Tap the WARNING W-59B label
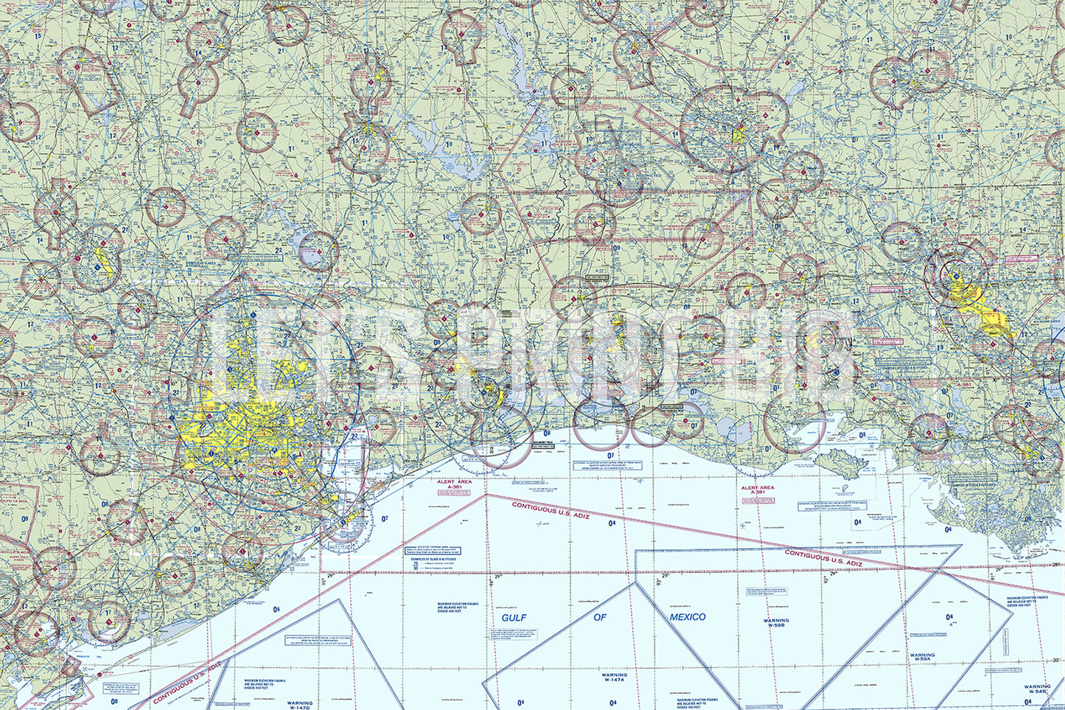[x=775, y=624]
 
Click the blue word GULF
[x=514, y=617]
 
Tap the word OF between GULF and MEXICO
[x=600, y=617]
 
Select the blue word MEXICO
[x=687, y=617]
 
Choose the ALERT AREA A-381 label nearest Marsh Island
[x=757, y=490]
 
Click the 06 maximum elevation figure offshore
[x=276, y=609]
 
